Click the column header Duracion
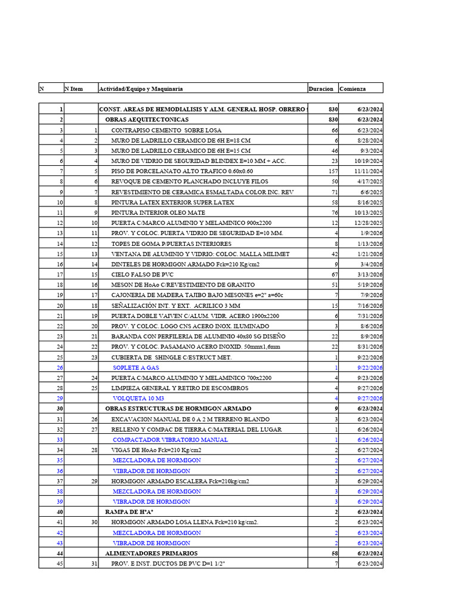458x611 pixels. tap(321, 89)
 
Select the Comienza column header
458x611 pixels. tap(352, 89)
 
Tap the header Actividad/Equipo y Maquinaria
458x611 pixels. tap(141, 89)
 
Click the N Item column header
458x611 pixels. tap(73, 89)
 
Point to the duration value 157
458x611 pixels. tap(333, 171)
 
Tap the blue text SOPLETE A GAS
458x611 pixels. tap(136, 368)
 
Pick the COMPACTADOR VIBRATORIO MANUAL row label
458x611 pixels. tap(170, 440)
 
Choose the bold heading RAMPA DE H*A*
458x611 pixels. tap(131, 512)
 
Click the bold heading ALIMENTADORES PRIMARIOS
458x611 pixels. tap(148, 554)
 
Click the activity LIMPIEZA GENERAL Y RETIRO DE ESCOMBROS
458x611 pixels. tap(190, 388)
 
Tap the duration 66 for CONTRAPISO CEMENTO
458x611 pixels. tap(335, 129)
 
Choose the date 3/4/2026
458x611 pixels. tap(370, 264)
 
